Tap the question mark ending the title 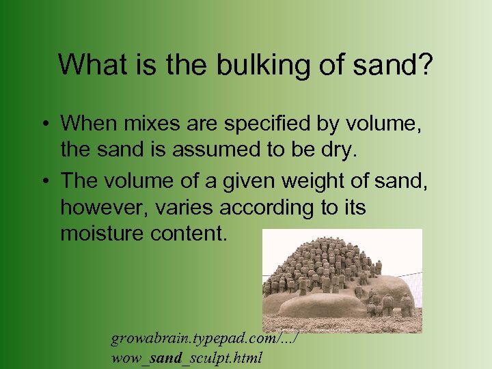coord(426,65)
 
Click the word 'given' coord(236,181)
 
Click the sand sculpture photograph coord(342,280)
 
